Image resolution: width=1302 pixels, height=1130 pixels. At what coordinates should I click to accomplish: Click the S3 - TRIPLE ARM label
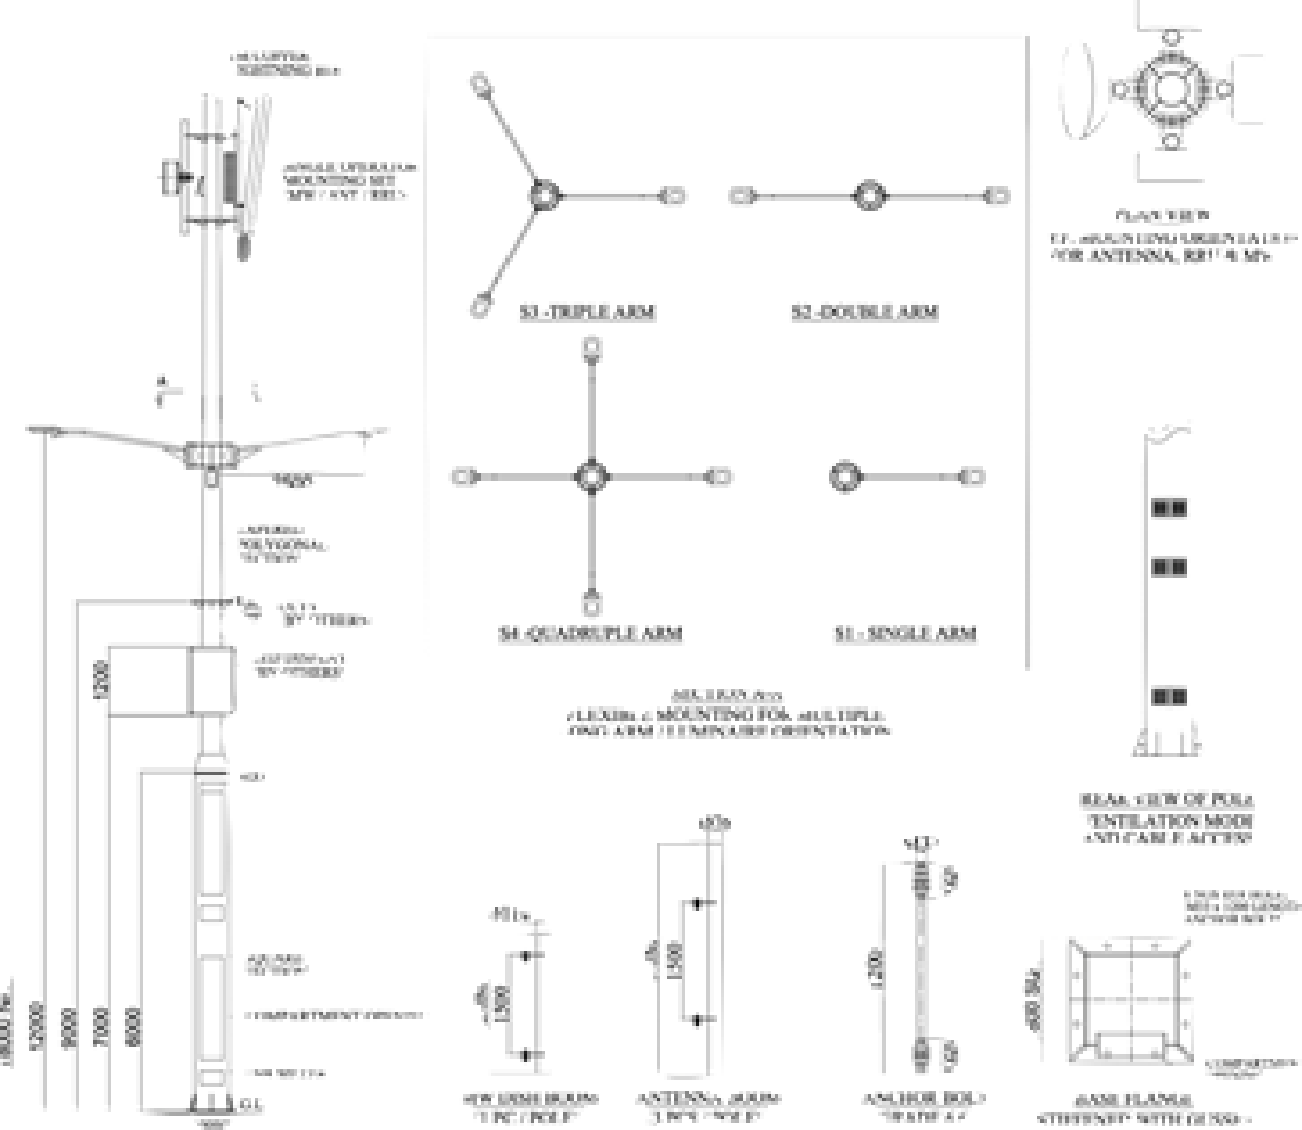[x=587, y=312]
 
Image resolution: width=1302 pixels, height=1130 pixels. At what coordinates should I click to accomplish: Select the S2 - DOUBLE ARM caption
[x=865, y=312]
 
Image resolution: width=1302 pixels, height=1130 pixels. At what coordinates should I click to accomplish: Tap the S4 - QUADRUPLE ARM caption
[x=590, y=634]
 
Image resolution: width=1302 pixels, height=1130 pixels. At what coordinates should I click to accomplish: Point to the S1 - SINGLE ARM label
[x=904, y=634]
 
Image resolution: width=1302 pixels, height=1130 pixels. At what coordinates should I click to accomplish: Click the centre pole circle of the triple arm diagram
[x=542, y=196]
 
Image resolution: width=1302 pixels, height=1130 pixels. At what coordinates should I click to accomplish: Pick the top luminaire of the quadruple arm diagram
[x=592, y=348]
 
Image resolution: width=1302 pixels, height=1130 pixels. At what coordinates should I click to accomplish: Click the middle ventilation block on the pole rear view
[x=1169, y=566]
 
